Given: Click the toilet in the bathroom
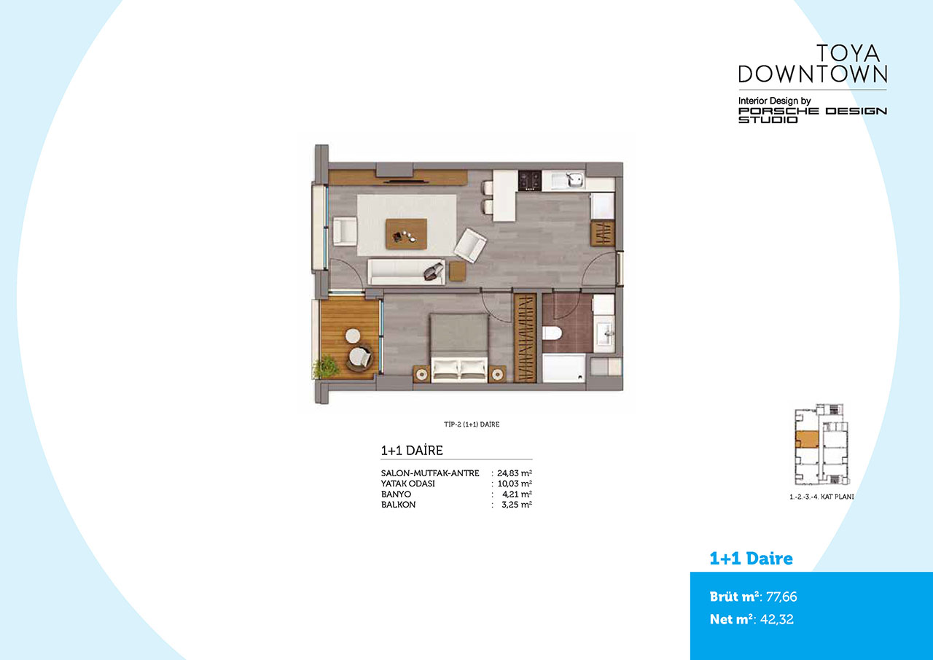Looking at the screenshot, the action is pos(553,333).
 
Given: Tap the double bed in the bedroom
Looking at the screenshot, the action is pos(458,347).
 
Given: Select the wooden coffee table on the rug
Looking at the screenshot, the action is pos(406,234).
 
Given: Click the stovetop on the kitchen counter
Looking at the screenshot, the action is pos(530,180).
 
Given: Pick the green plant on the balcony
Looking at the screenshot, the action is pos(325,367).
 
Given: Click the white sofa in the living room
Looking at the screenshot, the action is pos(406,272).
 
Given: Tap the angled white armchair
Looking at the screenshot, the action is pos(470,245).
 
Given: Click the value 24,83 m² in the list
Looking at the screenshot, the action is pos(514,473).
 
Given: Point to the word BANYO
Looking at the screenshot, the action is pos(396,494).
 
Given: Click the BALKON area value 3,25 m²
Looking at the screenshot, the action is pos(517,505).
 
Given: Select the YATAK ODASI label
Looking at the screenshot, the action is pos(407,484).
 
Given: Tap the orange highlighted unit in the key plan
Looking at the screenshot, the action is pos(807,440).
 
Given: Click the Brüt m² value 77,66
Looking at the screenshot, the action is pos(781,597).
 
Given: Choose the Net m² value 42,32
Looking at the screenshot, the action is pos(777,619).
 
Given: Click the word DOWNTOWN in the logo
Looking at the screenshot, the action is pos(813,74).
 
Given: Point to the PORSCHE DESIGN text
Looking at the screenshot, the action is pos(813,111).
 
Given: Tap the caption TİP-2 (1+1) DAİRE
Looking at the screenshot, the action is pos(472,424).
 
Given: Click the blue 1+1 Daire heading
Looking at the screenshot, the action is pos(751,559).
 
